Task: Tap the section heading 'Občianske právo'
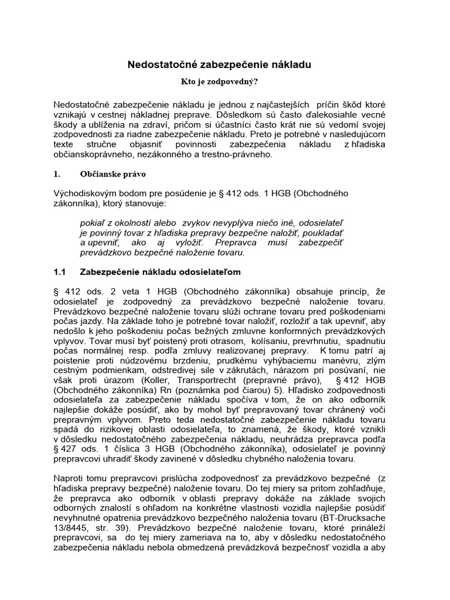click(x=114, y=174)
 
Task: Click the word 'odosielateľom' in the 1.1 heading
click(x=210, y=272)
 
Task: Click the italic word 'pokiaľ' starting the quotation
click(x=91, y=223)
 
